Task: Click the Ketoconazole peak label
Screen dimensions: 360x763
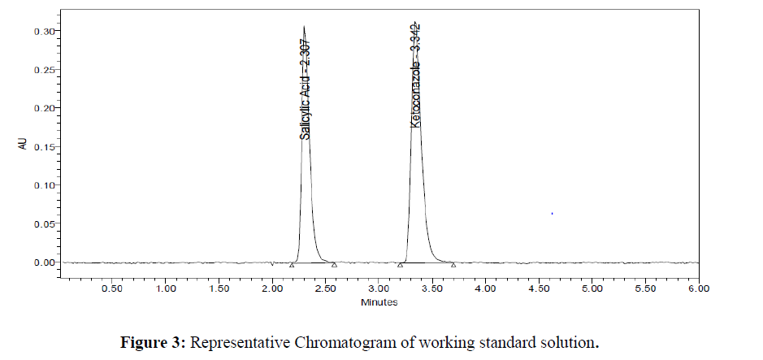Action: coord(415,75)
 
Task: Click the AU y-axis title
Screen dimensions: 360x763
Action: coord(24,144)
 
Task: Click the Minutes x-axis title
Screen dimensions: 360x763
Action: coord(379,302)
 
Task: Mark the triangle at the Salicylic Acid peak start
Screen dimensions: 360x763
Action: coord(292,265)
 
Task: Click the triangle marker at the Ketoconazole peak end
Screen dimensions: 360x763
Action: coord(453,265)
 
